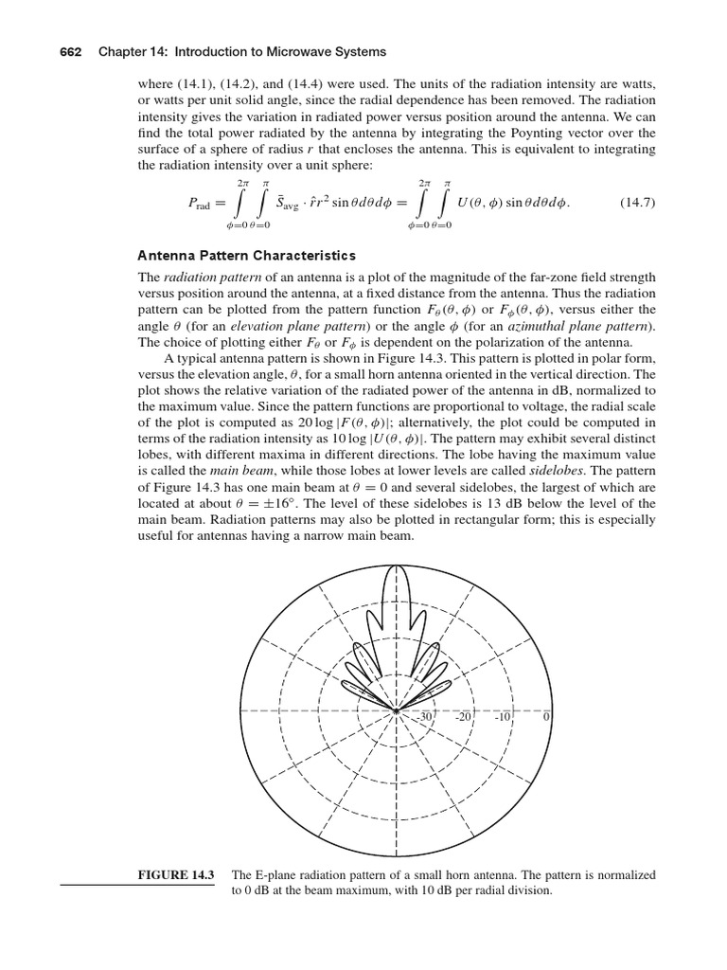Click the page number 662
73,51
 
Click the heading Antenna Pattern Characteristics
247,256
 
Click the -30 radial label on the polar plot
425,718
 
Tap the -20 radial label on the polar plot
464,718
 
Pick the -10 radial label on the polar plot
503,718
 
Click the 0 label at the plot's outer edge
546,718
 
